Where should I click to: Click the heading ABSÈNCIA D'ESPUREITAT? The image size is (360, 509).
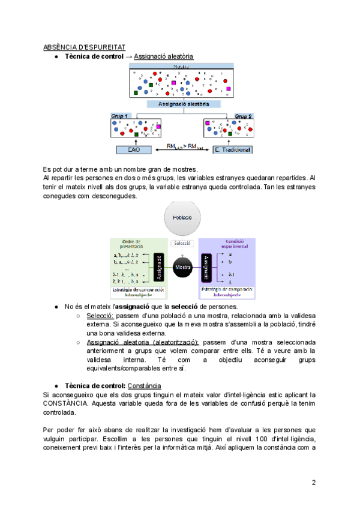click(84, 47)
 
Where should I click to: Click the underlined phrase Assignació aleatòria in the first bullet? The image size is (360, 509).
click(164, 56)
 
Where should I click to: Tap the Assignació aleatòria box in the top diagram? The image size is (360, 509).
click(184, 104)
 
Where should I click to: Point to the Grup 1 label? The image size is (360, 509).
click(120, 115)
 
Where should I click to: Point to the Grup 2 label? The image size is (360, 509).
click(243, 115)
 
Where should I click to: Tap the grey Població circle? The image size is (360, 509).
click(182, 218)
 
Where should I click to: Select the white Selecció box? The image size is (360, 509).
click(182, 244)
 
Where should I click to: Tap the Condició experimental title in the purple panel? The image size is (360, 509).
click(227, 244)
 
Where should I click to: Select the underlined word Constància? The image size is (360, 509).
click(145, 385)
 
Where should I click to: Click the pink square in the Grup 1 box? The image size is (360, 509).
click(159, 127)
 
